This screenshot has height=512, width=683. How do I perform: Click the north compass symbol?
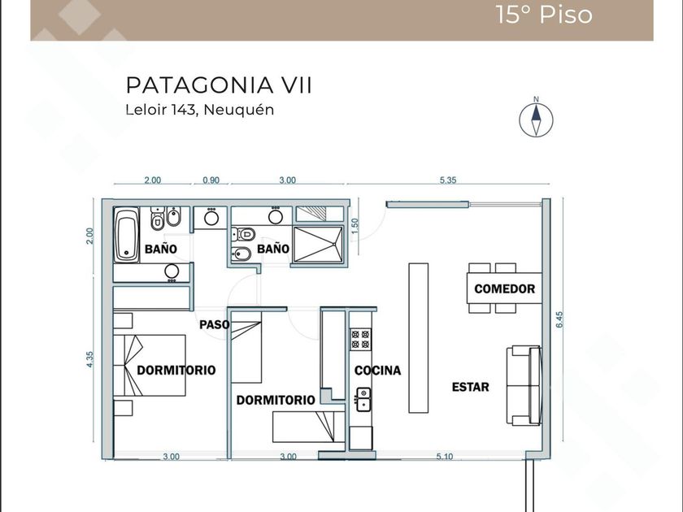tap(536, 119)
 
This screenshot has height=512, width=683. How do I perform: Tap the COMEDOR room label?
tap(504, 289)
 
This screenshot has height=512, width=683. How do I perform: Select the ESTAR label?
tap(471, 387)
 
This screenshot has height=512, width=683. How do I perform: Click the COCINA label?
tap(377, 371)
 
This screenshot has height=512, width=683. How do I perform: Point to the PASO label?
tap(215, 324)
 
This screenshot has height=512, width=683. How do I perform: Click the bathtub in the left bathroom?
tap(126, 234)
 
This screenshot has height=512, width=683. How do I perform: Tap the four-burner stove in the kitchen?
tap(361, 340)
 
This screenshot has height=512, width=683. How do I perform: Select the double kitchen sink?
tap(363, 399)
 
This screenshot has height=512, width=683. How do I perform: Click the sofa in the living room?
tap(524, 386)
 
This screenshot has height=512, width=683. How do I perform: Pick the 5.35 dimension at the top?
tap(448, 180)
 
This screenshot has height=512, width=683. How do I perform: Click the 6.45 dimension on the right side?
tap(559, 319)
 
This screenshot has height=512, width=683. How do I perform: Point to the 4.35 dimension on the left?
tap(89, 359)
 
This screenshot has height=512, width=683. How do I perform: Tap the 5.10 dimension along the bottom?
tap(444, 456)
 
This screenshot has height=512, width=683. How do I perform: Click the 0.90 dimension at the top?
tap(211, 180)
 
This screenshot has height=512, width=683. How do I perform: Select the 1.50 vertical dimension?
tap(355, 226)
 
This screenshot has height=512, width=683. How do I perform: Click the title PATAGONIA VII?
tap(219, 85)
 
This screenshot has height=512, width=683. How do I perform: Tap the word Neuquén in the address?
tap(239, 109)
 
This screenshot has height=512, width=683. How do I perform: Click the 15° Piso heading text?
tap(544, 15)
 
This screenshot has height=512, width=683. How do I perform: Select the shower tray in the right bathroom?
tap(319, 245)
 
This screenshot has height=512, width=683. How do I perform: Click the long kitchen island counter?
tap(418, 337)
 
